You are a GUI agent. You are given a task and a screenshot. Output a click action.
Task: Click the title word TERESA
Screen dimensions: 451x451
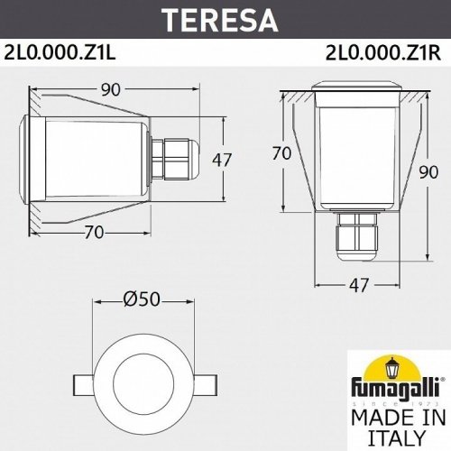[x=225, y=15]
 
